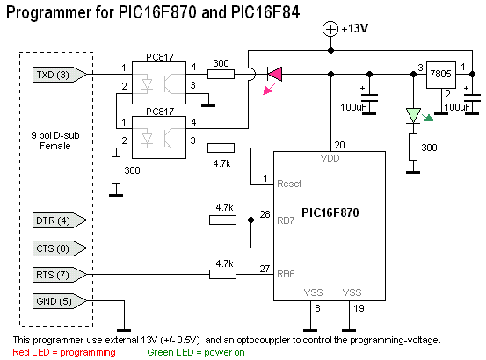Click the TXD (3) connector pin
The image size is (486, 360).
pyautogui.click(x=60, y=75)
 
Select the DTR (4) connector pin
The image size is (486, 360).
pyautogui.click(x=60, y=220)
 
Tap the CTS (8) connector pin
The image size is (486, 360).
pyautogui.click(x=60, y=248)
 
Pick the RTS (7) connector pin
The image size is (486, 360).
pyautogui.click(x=60, y=275)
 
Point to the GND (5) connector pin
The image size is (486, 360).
pyautogui.click(x=60, y=301)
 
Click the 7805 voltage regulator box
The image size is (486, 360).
pyautogui.click(x=441, y=75)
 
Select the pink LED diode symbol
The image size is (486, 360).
pyautogui.click(x=274, y=75)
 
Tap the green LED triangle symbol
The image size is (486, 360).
pyautogui.click(x=413, y=115)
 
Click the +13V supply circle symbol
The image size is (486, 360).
pyautogui.click(x=330, y=29)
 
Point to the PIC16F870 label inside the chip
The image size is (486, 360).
pyautogui.click(x=330, y=212)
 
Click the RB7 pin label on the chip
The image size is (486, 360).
pyautogui.click(x=286, y=220)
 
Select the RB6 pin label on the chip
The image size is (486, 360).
pyautogui.click(x=286, y=274)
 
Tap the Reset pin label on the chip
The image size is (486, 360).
pyautogui.click(x=289, y=184)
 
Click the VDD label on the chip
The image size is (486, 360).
pyautogui.click(x=330, y=158)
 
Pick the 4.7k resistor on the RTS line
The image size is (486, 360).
pyautogui.click(x=222, y=274)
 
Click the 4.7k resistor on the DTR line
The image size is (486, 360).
pyautogui.click(x=222, y=220)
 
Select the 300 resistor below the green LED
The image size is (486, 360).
pyautogui.click(x=413, y=147)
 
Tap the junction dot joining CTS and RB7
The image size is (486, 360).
pyautogui.click(x=250, y=220)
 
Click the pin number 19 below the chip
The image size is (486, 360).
pyautogui.click(x=359, y=308)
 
